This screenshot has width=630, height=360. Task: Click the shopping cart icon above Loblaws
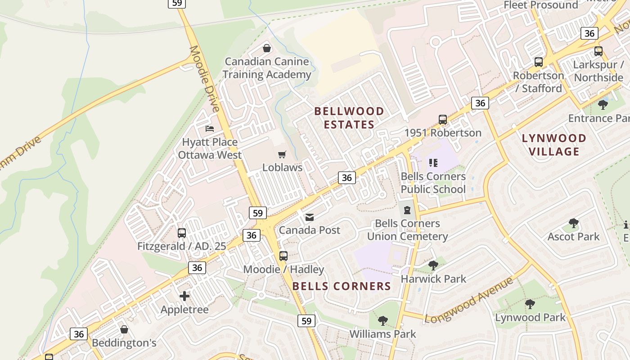[x=282, y=155]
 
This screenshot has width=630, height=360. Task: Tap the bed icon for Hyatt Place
[x=209, y=129]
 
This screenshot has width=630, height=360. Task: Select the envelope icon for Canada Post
[x=309, y=218]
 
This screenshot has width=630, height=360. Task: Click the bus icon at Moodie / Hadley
[x=283, y=256]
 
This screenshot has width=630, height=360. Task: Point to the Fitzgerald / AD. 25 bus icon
[x=182, y=233]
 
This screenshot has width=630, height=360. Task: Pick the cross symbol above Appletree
[x=184, y=296]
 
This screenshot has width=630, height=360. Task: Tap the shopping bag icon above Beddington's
[x=124, y=329]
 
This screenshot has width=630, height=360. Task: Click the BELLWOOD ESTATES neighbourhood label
[x=349, y=118]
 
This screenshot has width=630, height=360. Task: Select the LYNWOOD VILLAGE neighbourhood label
[x=554, y=144]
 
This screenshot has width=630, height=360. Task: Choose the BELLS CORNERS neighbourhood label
[x=342, y=286]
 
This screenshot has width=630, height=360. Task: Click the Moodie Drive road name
[x=205, y=78]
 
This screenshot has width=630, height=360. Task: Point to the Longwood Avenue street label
[x=468, y=300]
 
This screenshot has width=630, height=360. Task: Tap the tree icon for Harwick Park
[x=433, y=265]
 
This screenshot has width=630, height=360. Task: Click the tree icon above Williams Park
[x=382, y=321]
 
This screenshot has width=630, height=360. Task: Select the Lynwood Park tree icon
[x=530, y=304]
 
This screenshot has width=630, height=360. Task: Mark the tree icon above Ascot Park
[x=573, y=223]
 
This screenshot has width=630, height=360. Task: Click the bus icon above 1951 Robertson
[x=443, y=120]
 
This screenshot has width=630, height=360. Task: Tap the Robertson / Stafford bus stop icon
[x=538, y=62]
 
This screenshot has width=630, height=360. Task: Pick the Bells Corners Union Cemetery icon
[x=407, y=210]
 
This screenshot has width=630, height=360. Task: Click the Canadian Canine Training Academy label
[x=267, y=68]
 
